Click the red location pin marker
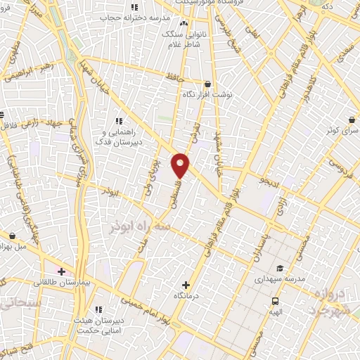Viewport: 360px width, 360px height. point(181,165)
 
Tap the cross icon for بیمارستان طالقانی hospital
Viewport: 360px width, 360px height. point(61,271)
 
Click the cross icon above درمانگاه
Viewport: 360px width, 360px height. point(186,285)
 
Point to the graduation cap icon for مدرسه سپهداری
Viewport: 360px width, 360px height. point(279,268)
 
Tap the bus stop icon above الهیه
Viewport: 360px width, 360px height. point(275,300)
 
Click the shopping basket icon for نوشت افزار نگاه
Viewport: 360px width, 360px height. point(207,83)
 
